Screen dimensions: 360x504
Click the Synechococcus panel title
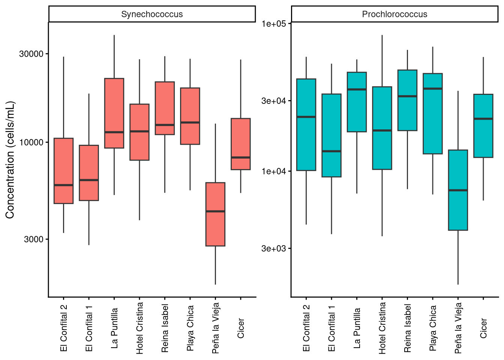click(x=152, y=14)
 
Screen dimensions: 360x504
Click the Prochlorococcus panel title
click(x=394, y=14)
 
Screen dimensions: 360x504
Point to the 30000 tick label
click(x=31, y=54)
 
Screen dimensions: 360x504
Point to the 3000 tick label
click(x=34, y=239)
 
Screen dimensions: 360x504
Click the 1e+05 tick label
click(x=274, y=24)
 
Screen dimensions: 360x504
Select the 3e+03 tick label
click(x=274, y=249)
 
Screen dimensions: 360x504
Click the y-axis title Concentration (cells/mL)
click(x=10, y=160)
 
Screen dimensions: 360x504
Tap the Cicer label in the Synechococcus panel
click(x=241, y=328)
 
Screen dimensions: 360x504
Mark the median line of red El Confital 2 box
click(x=63, y=185)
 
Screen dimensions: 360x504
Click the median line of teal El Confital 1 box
click(x=331, y=151)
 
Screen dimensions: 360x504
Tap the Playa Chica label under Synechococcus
click(x=190, y=328)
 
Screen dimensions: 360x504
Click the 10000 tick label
click(x=31, y=142)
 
